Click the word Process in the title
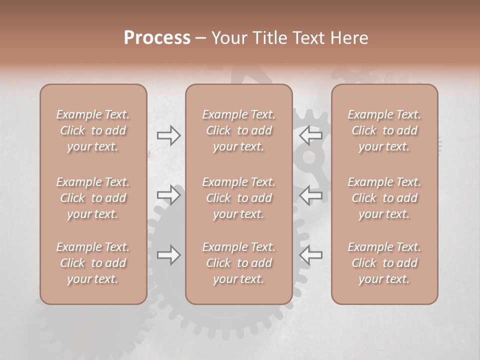[157, 38]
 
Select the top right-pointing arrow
[169, 135]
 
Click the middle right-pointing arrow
[169, 194]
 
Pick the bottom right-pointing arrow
[169, 255]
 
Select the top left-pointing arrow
[311, 135]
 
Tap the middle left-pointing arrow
[311, 194]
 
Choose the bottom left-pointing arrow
[311, 255]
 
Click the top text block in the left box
[93, 130]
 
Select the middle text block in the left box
[93, 198]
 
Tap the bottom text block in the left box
[93, 263]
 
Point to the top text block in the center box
[239, 130]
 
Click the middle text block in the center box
[239, 198]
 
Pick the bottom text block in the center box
[239, 263]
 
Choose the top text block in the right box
[384, 130]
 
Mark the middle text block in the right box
[384, 198]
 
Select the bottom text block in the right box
[384, 263]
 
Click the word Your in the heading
[228, 38]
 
